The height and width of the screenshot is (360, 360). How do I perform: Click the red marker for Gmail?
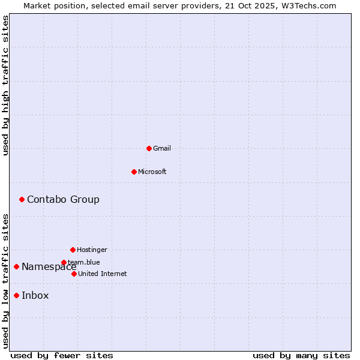coord(149,148)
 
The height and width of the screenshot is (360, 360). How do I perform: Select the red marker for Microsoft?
coord(134,172)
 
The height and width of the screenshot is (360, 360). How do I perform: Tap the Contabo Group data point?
coord(22,199)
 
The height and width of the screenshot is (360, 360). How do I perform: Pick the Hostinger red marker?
coord(73,250)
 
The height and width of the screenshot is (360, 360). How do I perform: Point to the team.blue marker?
coord(64,262)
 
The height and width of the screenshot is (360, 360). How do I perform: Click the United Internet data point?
coord(74,274)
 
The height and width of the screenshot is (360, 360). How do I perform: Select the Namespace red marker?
coord(16,266)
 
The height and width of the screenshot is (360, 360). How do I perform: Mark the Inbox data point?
coord(16,295)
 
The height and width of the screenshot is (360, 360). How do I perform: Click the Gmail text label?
coord(162,148)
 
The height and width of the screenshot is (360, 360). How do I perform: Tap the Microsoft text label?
coord(152,172)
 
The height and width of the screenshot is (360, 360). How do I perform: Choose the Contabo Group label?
coord(63,199)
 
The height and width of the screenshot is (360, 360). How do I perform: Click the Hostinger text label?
coord(92,250)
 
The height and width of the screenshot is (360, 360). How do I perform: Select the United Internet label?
coord(103,274)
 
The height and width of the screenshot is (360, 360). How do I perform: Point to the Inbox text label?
coord(35,295)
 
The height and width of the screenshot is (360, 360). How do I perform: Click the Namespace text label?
coord(49,267)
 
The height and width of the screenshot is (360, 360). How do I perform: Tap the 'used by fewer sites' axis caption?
coord(62,355)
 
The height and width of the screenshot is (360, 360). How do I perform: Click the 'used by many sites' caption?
coord(301,355)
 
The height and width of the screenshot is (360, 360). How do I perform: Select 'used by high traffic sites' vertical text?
coord(6,85)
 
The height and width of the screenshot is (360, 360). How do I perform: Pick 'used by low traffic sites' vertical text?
coord(6,281)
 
